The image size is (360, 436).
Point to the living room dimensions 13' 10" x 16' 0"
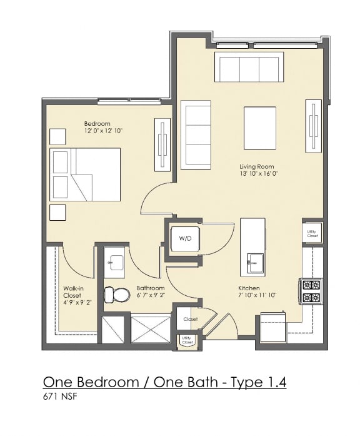point(257,175)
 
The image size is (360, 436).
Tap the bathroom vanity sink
point(114,263)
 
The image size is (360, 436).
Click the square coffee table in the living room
point(259,128)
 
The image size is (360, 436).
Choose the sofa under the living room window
point(249,68)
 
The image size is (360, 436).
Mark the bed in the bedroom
point(87,175)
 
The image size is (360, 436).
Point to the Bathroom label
point(150,288)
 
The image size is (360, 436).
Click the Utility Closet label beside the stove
point(312,233)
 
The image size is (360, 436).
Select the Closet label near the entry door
point(190,319)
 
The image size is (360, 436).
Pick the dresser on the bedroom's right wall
point(162,143)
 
